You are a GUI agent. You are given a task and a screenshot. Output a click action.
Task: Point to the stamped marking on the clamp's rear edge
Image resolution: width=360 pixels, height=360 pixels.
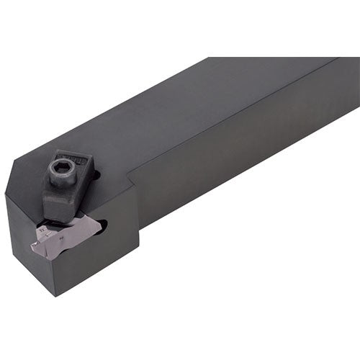(x=81, y=161)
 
